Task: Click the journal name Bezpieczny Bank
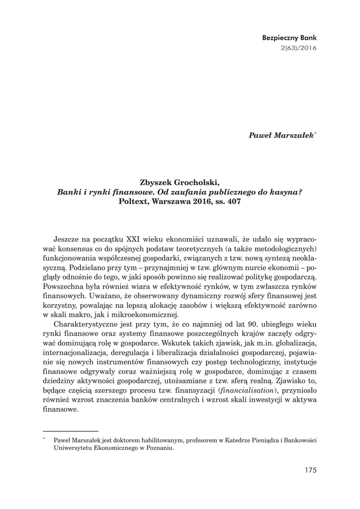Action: point(289,37)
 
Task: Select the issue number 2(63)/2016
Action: point(299,48)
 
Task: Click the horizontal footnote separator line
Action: point(71,431)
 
